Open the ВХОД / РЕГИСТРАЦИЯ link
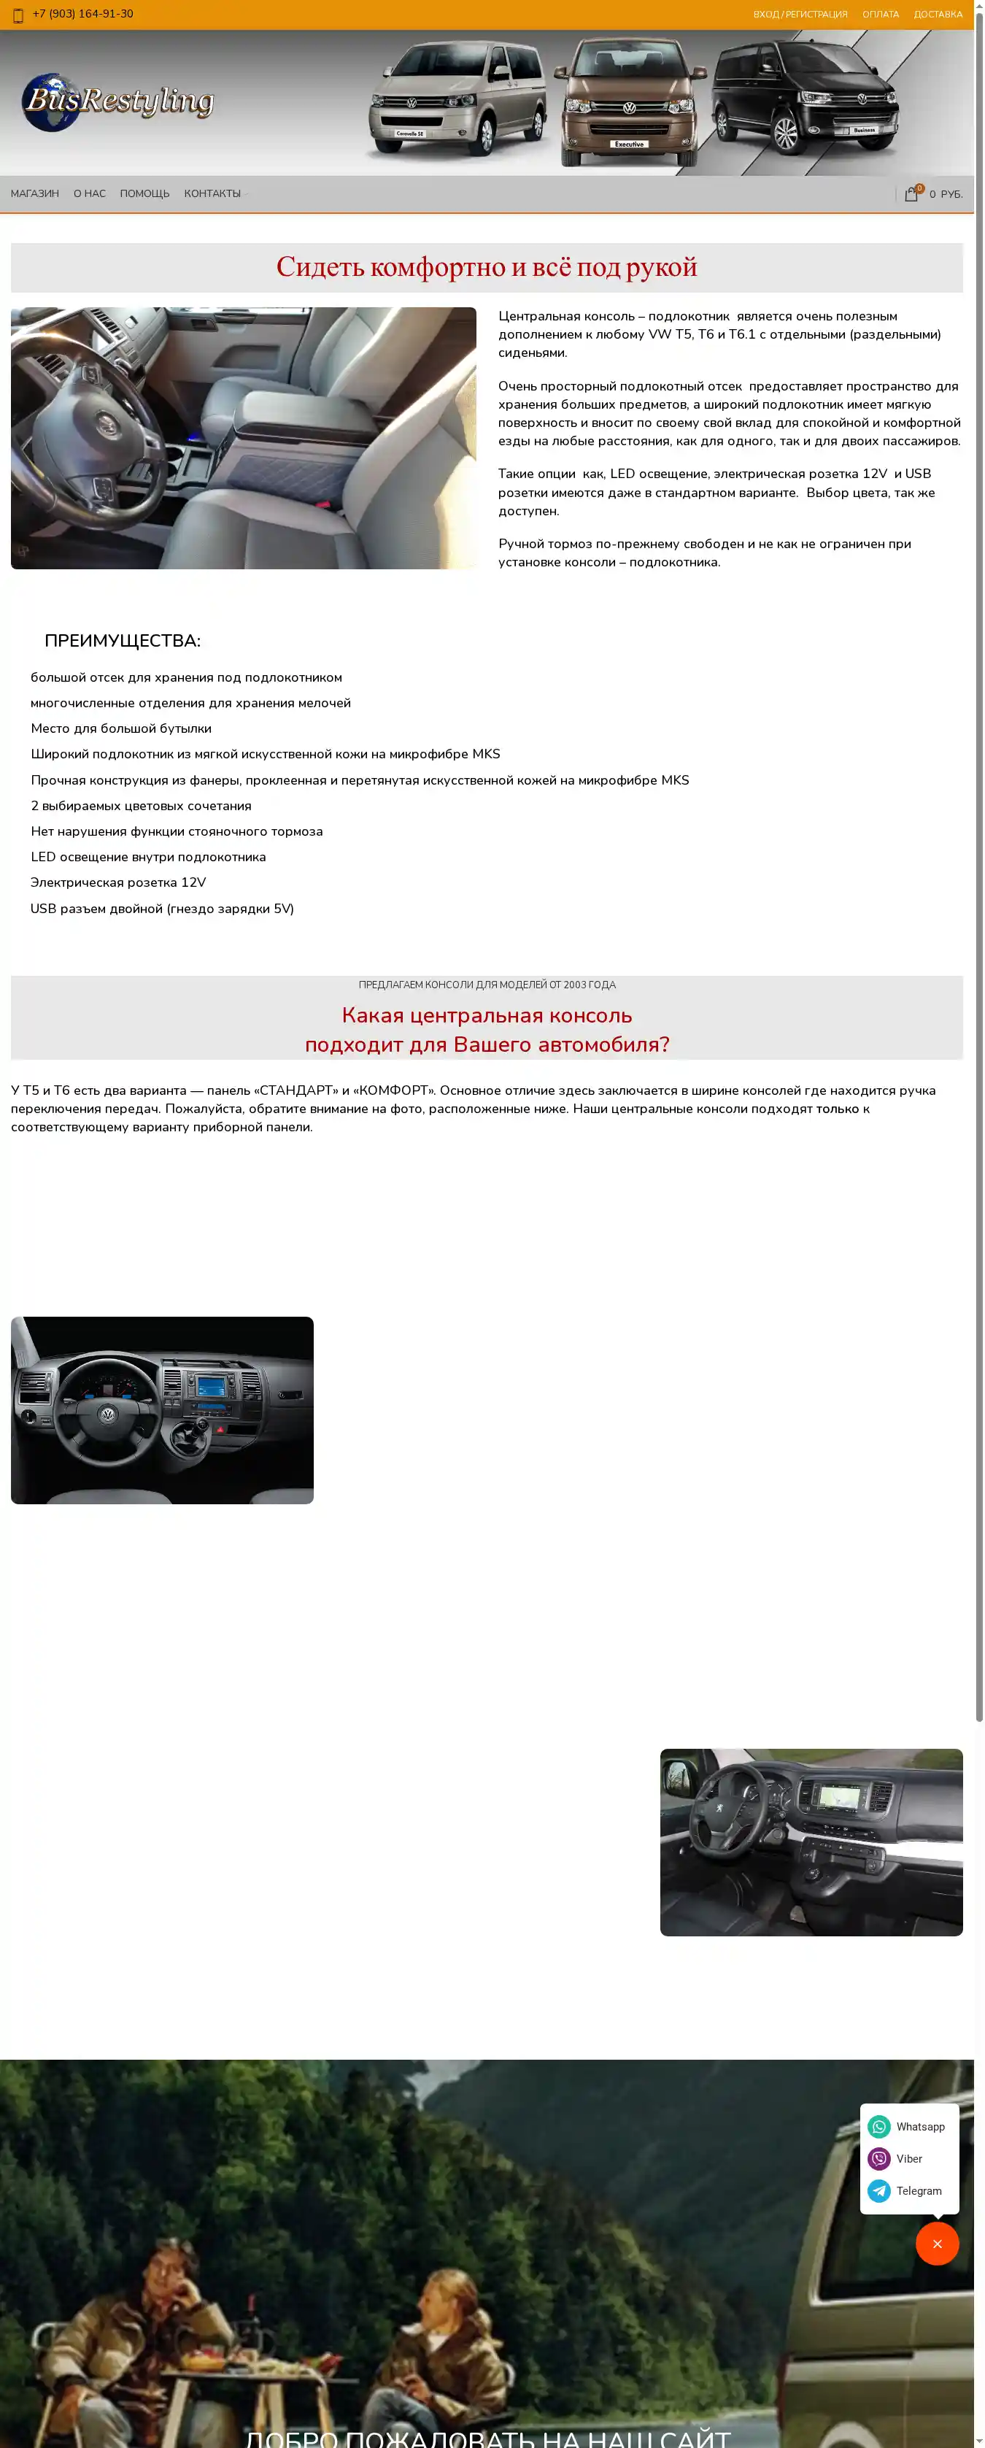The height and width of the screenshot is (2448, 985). [800, 15]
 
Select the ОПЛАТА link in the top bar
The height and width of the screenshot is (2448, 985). [879, 15]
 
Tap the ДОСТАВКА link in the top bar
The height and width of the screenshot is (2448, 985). [938, 15]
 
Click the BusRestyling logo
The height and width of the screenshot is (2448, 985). [117, 101]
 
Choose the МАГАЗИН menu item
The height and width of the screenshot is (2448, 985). [35, 194]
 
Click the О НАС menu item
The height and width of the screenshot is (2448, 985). [89, 194]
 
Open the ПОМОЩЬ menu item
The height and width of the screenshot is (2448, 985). [144, 194]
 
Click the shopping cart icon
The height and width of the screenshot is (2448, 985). [911, 194]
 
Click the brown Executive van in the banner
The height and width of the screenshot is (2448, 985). [629, 103]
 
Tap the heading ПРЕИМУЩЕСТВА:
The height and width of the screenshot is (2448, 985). [123, 641]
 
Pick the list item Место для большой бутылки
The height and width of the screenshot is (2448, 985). [120, 729]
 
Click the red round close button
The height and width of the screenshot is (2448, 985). [937, 2243]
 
